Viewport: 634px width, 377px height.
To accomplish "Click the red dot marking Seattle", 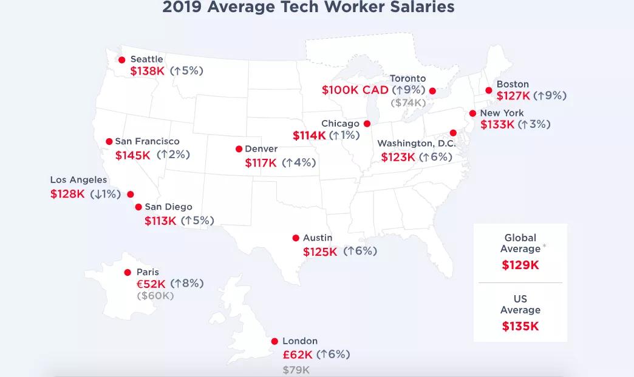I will coord(122,60).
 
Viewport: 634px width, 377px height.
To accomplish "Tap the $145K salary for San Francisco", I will coord(132,155).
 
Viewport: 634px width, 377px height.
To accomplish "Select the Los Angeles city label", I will coord(78,180).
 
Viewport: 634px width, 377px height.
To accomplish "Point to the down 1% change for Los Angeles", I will coord(105,195).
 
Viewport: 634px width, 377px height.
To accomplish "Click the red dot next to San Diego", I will coord(138,207).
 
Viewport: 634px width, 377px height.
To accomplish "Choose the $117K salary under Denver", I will coord(261,163).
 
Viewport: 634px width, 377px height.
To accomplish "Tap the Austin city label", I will coord(318,238).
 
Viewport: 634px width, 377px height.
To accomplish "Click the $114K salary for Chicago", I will coord(309,136).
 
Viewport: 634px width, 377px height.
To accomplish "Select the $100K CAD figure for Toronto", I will coord(355,90).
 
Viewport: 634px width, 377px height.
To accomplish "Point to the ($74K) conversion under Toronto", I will coord(408,103).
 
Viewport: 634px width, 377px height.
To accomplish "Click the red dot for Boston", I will coord(489,91).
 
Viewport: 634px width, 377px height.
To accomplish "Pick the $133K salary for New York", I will coord(497,125).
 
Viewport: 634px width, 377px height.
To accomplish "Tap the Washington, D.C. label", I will coord(416,144).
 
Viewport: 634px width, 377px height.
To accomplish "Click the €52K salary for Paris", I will coord(151,284).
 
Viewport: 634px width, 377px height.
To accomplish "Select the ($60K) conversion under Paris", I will coord(155,296).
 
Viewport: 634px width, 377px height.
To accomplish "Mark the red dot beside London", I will coord(274,342).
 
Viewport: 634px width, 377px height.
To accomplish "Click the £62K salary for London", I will coord(298,355).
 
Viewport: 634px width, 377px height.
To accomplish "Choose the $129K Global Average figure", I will coord(520,265).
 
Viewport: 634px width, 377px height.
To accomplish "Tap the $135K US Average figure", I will coord(520,326).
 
